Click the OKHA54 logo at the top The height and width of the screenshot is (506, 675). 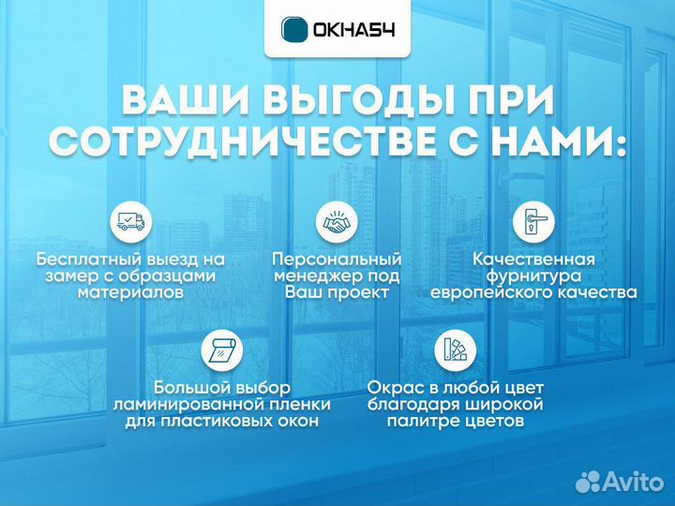(337, 29)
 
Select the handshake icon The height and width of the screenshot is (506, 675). (337, 222)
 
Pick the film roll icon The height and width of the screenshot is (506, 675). (222, 351)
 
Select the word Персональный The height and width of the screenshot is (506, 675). (337, 259)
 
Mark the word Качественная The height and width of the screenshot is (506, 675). (533, 259)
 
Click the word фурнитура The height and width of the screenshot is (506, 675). (533, 275)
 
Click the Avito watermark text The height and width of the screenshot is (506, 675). (630, 482)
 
